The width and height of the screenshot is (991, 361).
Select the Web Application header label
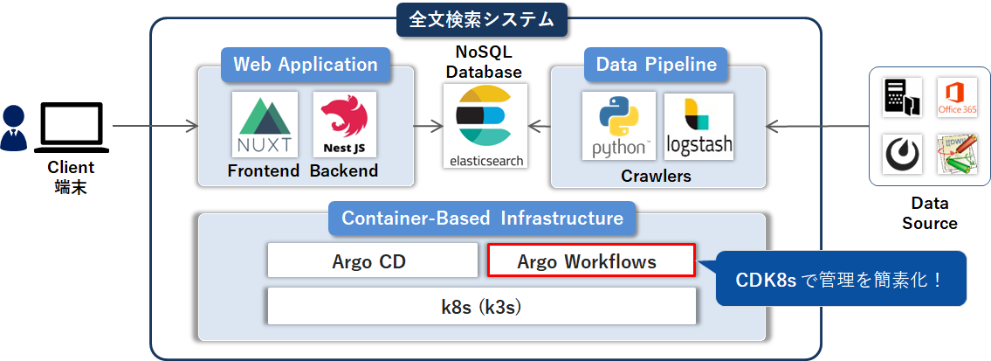(305, 65)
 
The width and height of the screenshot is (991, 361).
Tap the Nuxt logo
(265, 125)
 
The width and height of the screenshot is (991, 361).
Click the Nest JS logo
(344, 125)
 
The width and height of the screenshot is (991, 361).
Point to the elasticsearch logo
(485, 125)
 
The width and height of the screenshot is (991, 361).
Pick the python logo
(619, 127)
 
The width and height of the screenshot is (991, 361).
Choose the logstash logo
(699, 127)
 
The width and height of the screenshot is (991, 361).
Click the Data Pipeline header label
(656, 65)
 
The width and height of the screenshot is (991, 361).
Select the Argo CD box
(372, 260)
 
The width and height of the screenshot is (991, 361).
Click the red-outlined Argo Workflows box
(590, 260)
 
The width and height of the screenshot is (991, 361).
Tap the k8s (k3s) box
(481, 306)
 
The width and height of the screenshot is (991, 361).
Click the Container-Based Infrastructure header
(482, 218)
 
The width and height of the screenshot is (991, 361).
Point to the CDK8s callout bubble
(840, 280)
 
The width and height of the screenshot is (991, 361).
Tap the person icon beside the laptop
(15, 128)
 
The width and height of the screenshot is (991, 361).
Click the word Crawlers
(656, 176)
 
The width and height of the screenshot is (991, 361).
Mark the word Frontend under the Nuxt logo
(264, 170)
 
